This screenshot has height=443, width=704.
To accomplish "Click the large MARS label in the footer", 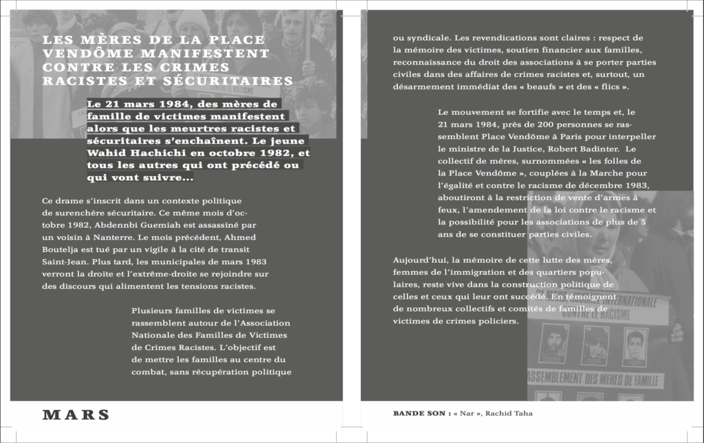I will [x=76, y=415].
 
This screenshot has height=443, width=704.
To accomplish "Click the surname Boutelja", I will [x=62, y=249].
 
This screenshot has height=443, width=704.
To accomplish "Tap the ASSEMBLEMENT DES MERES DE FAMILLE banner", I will [x=595, y=380].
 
